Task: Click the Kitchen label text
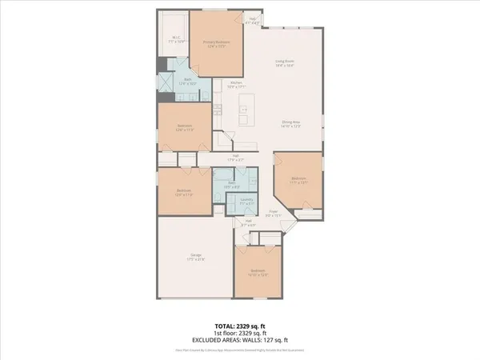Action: (237, 85)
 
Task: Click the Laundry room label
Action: (246, 202)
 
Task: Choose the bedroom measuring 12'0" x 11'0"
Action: (185, 193)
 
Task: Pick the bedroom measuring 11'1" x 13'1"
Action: (298, 181)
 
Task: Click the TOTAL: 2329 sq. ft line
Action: (239, 326)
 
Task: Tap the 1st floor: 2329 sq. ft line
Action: (239, 334)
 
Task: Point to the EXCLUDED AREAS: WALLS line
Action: (239, 342)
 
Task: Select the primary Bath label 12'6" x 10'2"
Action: (187, 82)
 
